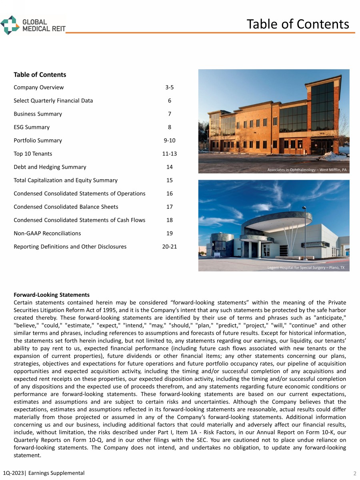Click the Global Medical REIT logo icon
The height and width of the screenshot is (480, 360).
click(x=10, y=25)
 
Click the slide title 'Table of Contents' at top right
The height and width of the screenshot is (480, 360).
click(x=298, y=24)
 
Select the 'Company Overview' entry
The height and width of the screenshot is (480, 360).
click(x=38, y=87)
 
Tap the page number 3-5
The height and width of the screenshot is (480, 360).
click(x=170, y=87)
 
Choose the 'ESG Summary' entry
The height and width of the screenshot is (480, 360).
click(x=32, y=127)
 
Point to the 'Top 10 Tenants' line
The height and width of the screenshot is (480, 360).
click(x=33, y=154)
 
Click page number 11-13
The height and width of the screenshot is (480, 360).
click(x=170, y=154)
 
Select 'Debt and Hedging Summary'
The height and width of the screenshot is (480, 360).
click(x=50, y=167)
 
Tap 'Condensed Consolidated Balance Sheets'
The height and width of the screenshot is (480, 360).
click(x=66, y=207)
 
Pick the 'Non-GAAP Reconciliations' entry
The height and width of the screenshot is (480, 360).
click(x=47, y=233)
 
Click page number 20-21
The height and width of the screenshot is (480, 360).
click(x=170, y=246)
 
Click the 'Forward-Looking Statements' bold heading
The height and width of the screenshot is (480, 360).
click(x=52, y=295)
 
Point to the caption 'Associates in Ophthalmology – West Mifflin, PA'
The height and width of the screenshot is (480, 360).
click(x=307, y=170)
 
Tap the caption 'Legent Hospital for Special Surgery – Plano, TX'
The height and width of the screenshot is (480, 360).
click(x=306, y=268)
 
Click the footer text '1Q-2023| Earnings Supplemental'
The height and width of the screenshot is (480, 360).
click(x=43, y=473)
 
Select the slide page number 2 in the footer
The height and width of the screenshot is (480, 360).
click(x=354, y=474)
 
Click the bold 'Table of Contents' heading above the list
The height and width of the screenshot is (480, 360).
click(x=40, y=75)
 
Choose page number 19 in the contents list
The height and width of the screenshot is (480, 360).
click(x=170, y=233)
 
